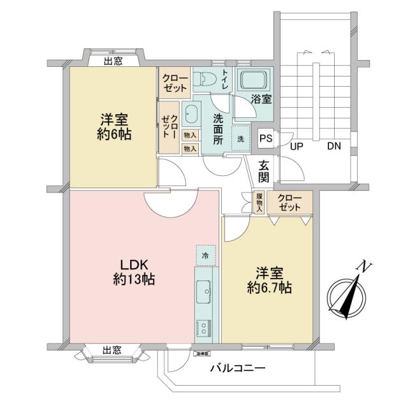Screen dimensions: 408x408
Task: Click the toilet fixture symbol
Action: click(x=206, y=80)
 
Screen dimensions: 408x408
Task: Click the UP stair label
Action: click(x=296, y=146)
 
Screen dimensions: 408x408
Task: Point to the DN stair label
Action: click(x=334, y=146)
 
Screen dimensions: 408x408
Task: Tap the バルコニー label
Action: click(x=237, y=368)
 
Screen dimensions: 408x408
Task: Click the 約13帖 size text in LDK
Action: click(x=135, y=279)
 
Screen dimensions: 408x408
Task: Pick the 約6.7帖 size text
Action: click(x=270, y=288)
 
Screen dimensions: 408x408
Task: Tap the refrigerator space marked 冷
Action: click(x=205, y=255)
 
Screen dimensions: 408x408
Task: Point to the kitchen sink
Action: click(x=205, y=291)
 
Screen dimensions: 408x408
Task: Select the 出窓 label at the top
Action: click(x=113, y=61)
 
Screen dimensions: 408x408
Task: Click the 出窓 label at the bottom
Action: click(x=112, y=350)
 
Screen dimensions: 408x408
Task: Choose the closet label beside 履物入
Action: click(x=289, y=203)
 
